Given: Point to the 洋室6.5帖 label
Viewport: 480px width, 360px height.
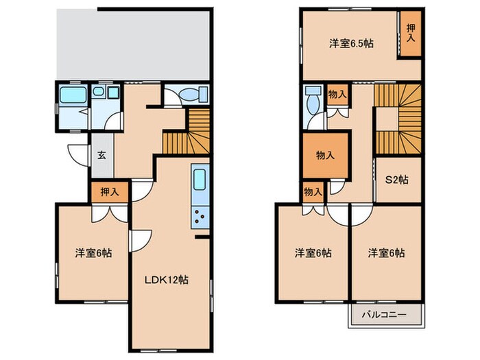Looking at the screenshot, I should pyautogui.click(x=351, y=43).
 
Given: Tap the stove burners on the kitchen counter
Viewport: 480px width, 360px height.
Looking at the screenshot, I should pyautogui.click(x=200, y=218).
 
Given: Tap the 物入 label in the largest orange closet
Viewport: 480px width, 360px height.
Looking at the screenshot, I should pyautogui.click(x=325, y=155).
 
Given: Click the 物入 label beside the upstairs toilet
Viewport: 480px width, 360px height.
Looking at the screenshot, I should pyautogui.click(x=336, y=94).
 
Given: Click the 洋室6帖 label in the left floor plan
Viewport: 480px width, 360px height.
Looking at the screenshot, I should pyautogui.click(x=94, y=252).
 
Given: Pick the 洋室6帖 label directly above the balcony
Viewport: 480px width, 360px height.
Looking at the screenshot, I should pyautogui.click(x=386, y=252).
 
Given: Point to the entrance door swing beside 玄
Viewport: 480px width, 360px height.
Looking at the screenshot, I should pyautogui.click(x=77, y=154).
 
